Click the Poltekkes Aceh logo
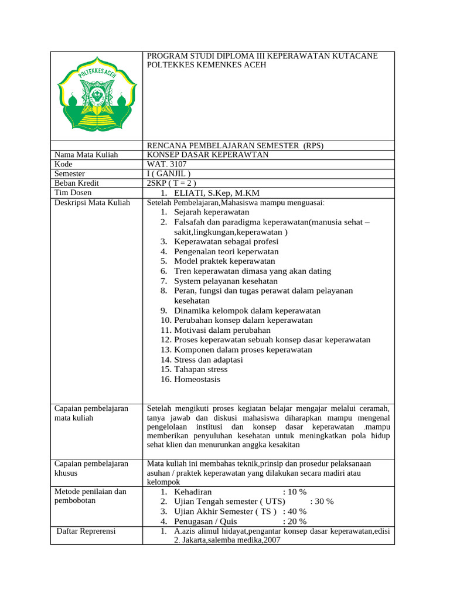[97, 96]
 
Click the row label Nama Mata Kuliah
[86, 155]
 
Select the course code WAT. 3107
[167, 165]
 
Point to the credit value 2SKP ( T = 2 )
[172, 183]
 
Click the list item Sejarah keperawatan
[212, 212]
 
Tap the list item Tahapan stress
[201, 369]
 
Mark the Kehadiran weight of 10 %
[295, 492]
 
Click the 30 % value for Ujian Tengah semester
[322, 502]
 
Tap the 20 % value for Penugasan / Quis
[295, 521]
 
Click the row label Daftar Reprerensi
[86, 531]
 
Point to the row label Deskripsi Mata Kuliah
[91, 203]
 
